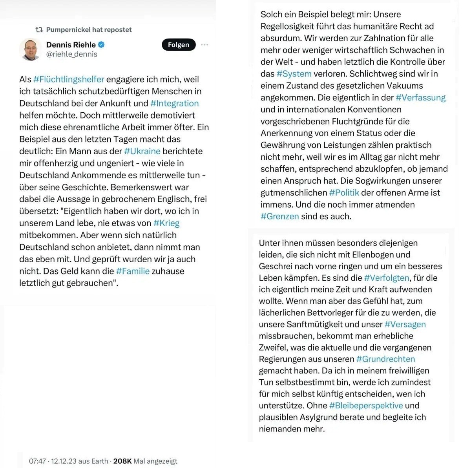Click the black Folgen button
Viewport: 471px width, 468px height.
(x=179, y=45)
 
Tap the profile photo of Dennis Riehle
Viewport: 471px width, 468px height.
(x=31, y=49)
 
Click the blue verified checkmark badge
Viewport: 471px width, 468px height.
(x=101, y=44)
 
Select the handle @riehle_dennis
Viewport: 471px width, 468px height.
(x=72, y=54)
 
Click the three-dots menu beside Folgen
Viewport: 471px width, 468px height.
(x=204, y=45)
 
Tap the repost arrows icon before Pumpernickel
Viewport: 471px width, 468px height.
(x=39, y=29)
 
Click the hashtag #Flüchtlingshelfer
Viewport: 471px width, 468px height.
(x=69, y=79)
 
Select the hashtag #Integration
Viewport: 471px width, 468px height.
(x=174, y=103)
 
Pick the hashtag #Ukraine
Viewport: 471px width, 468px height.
(x=142, y=151)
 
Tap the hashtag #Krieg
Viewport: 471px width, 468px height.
(x=166, y=223)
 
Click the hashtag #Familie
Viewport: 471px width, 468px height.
(x=133, y=271)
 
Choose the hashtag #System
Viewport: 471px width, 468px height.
(x=294, y=74)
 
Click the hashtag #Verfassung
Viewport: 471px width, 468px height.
(x=421, y=98)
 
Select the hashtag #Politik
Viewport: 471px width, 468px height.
(x=344, y=193)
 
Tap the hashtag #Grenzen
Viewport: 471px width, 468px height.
(x=280, y=216)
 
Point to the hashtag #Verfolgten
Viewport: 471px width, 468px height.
(x=387, y=278)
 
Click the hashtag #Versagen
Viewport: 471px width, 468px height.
(x=405, y=324)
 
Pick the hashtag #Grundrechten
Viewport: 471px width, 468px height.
(x=385, y=359)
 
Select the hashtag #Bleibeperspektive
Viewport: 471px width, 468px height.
(x=366, y=406)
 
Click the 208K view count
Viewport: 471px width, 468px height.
(x=122, y=461)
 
